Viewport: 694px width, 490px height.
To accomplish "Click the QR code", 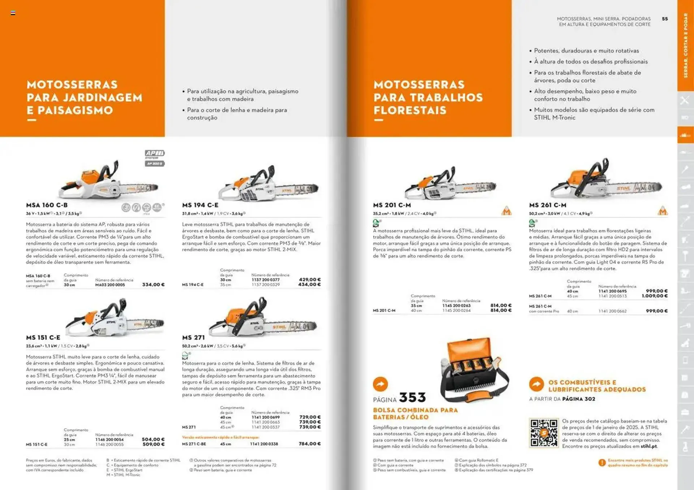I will pos(544,433).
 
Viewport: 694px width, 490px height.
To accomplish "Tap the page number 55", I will pos(665,19).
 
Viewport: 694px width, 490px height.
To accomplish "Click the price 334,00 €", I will pos(153,285).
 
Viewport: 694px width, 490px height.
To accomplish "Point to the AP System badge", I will pos(155,158).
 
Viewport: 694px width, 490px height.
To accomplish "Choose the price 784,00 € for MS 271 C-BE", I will pos(309,444).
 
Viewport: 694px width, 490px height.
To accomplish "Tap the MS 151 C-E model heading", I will pos(43,338).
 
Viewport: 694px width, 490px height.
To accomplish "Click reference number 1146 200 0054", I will pos(109,439).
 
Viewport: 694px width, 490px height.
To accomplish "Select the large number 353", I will pos(412,398).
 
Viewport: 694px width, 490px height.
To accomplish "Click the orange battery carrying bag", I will pos(474,370).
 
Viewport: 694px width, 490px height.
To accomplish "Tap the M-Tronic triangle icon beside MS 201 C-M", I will pos(506,211).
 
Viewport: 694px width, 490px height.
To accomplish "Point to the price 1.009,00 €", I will pos(655,296).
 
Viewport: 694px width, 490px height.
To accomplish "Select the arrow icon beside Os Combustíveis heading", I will pos(536,384).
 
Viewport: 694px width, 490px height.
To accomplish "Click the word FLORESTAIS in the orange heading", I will pos(410,110).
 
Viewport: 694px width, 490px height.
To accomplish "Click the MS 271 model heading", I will pos(193,338).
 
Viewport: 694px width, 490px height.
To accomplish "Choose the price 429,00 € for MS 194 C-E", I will pos(309,279).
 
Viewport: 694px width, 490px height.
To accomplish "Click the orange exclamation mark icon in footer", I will pos(602,463).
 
